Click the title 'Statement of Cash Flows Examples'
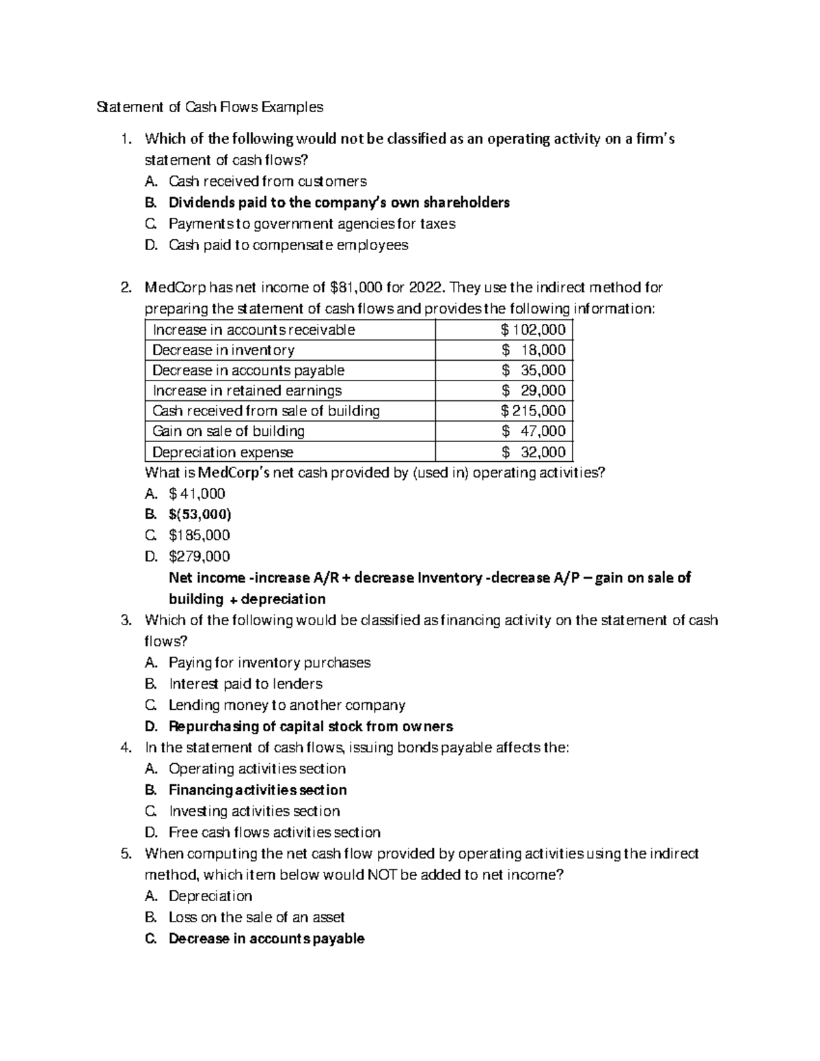pos(210,107)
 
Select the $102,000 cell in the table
pos(533,330)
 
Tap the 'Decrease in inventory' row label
pos(223,350)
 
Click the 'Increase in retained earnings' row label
pos(247,391)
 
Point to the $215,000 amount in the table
pos(533,411)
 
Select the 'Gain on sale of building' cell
pos(228,431)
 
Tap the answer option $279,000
pos(199,556)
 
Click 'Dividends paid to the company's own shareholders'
pos(339,203)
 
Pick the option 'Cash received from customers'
pos(267,182)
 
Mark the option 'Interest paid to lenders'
pos(245,684)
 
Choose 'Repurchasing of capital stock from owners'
pos(311,726)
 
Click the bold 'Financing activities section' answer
pos(258,790)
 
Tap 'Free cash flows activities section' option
pos(274,832)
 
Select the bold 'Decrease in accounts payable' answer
pos(266,939)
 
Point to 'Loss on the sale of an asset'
pos(256,917)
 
